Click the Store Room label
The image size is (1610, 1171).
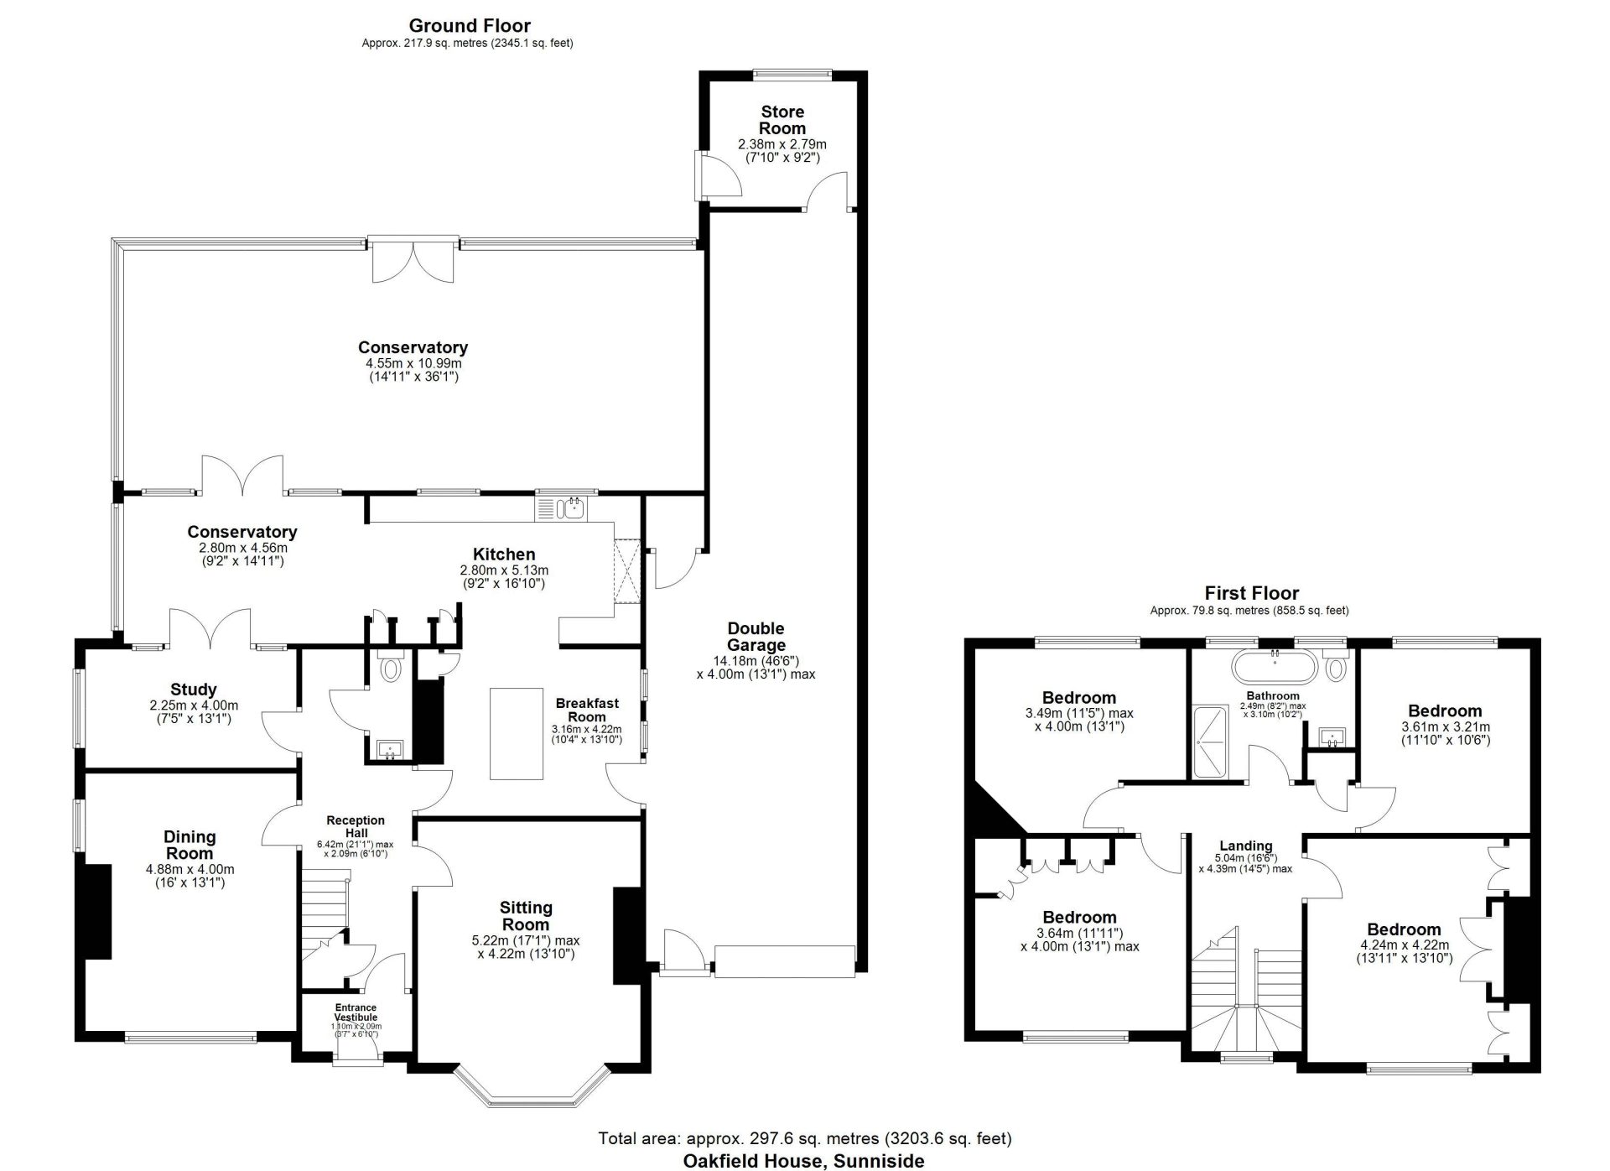click(x=782, y=120)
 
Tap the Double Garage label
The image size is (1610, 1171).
click(x=756, y=637)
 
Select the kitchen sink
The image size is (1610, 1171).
click(x=563, y=507)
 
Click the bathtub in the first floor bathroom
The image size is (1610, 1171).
click(x=1275, y=667)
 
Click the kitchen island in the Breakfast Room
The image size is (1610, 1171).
click(x=516, y=733)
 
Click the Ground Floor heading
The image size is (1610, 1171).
click(x=470, y=26)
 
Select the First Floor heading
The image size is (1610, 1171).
click(x=1252, y=593)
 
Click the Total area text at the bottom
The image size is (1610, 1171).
click(x=805, y=1138)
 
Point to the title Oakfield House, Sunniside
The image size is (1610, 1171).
click(x=803, y=1161)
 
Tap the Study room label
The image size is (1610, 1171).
click(x=194, y=690)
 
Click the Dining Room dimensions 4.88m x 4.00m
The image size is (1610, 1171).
click(x=190, y=869)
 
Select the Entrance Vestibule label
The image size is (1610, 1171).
click(x=356, y=1012)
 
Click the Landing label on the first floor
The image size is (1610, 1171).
click(x=1246, y=846)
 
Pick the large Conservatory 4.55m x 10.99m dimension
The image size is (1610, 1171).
click(x=413, y=363)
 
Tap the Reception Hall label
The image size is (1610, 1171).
click(x=356, y=825)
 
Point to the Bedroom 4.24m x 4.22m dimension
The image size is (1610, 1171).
click(x=1404, y=945)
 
